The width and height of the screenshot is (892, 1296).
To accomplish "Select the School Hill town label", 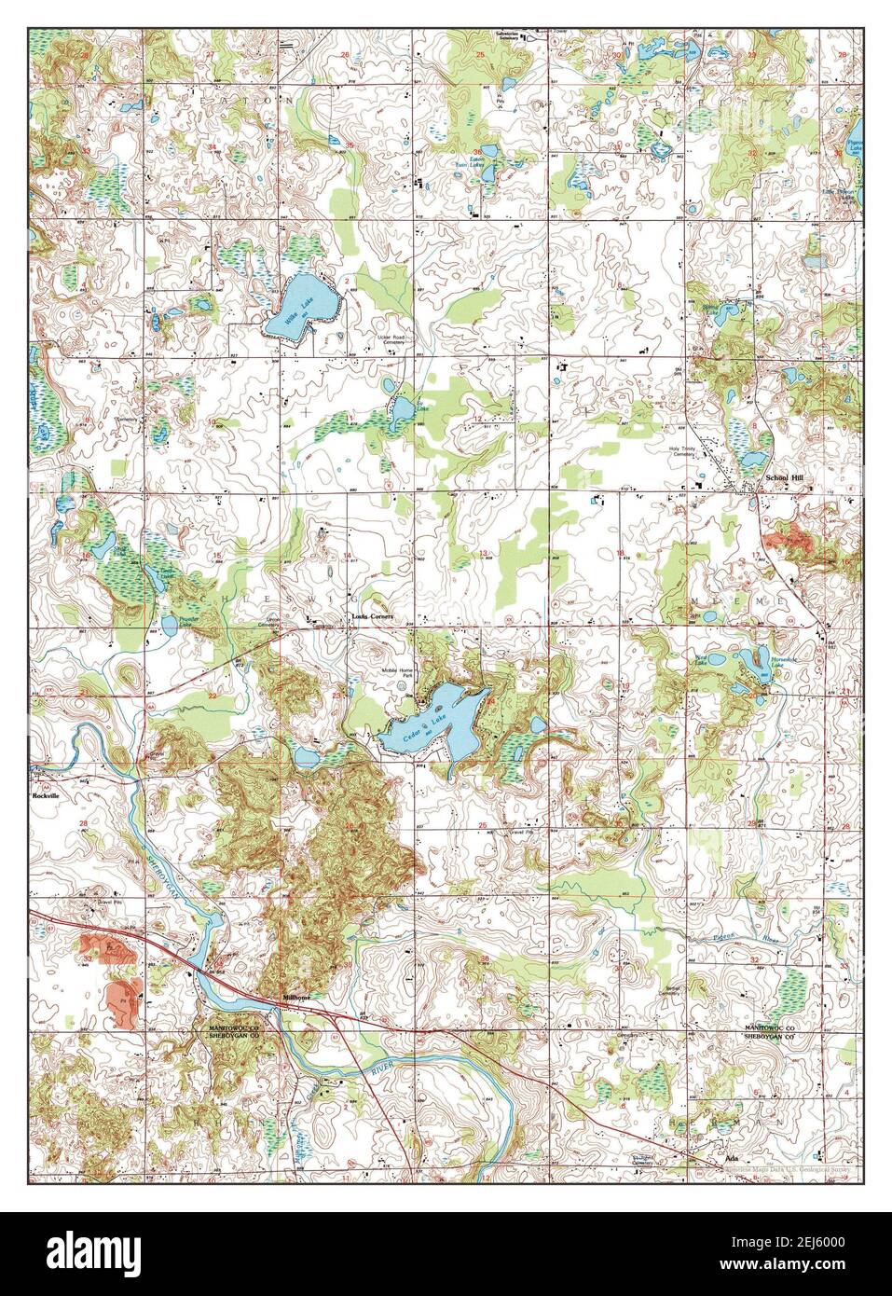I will tap(784, 477).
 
